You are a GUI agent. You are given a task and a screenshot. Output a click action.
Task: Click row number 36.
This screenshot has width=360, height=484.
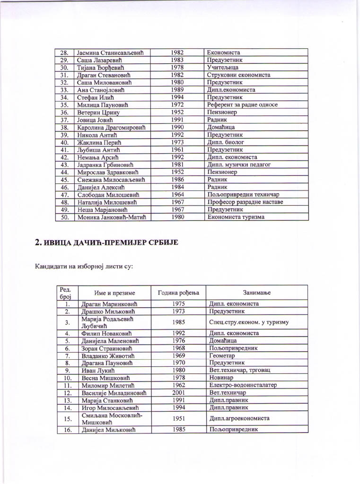point(65,112)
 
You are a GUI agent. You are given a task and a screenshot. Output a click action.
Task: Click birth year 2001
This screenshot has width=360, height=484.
point(178,393)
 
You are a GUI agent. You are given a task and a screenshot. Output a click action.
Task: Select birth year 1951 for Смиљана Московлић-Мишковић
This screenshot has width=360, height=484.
point(178,418)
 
